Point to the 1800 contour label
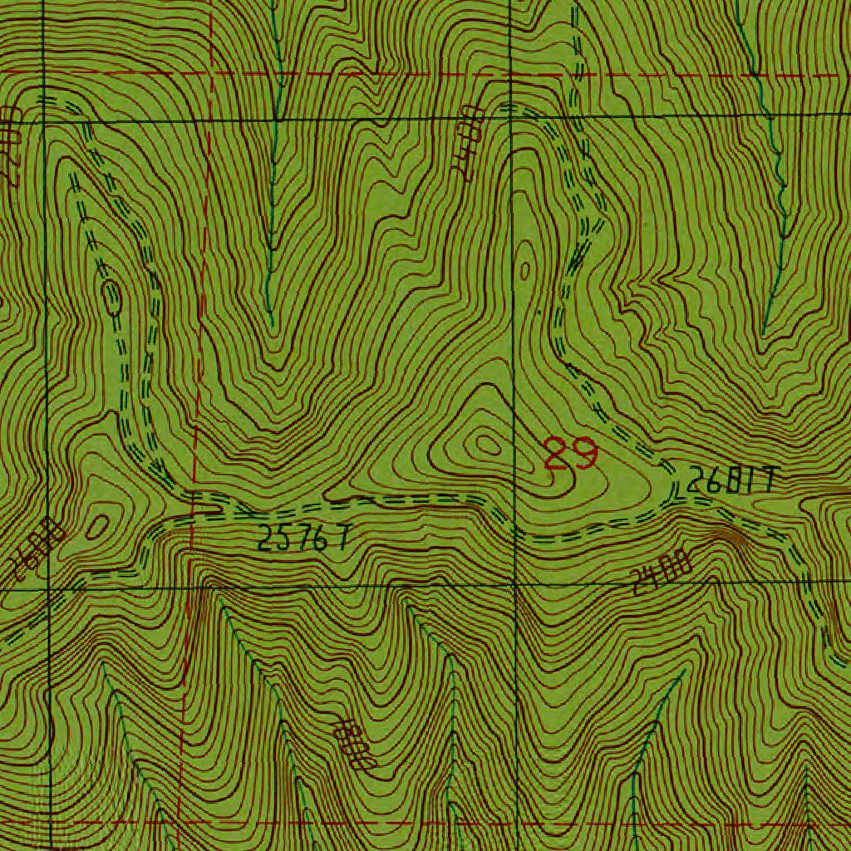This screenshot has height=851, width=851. pos(353,742)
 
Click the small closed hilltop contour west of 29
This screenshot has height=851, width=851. pos(485,445)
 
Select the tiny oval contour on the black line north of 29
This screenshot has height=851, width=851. pos(525,269)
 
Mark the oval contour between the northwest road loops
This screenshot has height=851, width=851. pos(111,297)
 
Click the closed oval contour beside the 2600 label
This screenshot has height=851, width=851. pos(99,524)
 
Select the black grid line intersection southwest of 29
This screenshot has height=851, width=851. pos(514,585)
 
